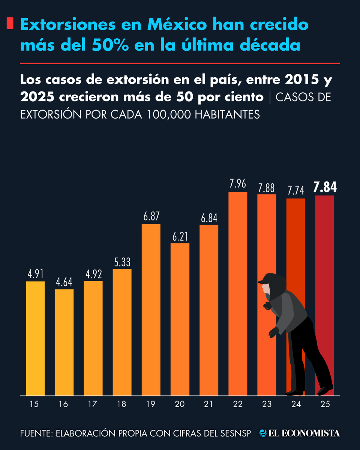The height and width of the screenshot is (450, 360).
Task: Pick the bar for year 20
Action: coord(180,319)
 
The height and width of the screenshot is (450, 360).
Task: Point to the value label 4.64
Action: coord(64,282)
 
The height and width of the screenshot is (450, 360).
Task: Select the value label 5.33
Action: coord(122,262)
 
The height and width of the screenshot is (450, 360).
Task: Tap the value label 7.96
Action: coord(238,184)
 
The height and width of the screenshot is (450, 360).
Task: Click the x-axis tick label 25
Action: coord(325,404)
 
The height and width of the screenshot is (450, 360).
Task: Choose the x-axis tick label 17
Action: coord(93,404)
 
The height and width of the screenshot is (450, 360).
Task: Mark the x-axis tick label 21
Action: coord(209,404)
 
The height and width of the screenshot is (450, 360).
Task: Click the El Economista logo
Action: coord(300,433)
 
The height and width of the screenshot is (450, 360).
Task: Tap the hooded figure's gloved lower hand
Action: coord(273,332)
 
